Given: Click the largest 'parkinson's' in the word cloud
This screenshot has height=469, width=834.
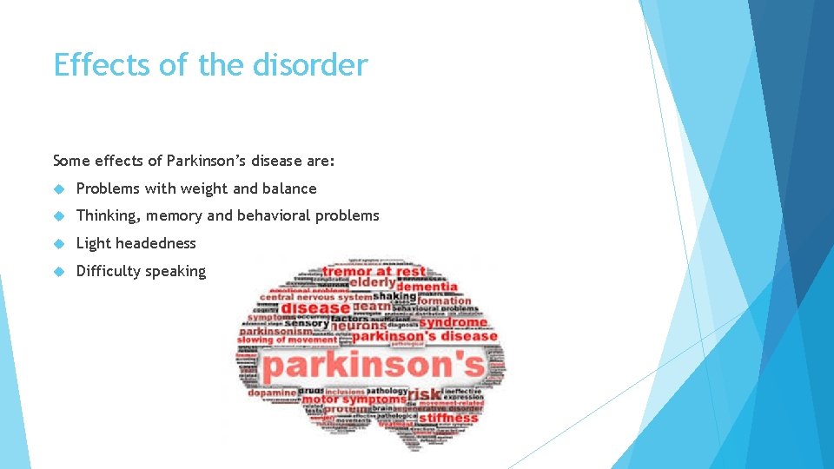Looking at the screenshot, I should coord(373,365).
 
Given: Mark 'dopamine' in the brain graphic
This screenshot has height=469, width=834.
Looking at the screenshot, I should coord(271,393).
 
